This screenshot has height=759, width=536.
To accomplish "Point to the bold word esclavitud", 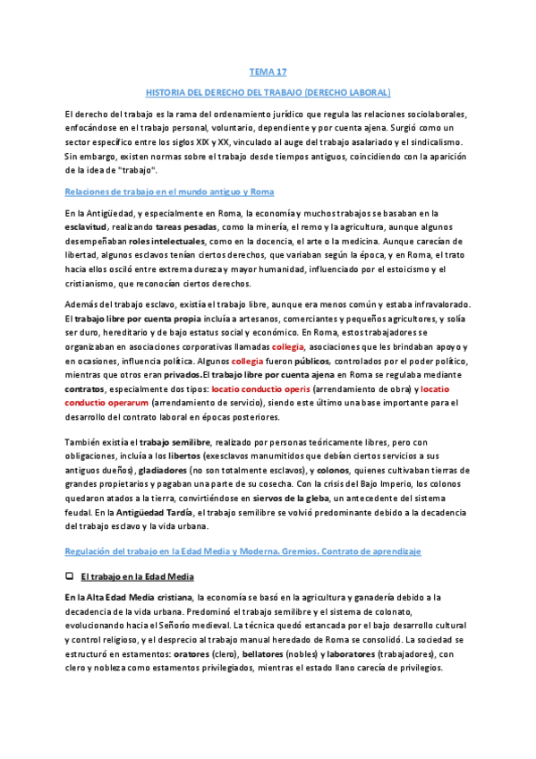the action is (x=88, y=230).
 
